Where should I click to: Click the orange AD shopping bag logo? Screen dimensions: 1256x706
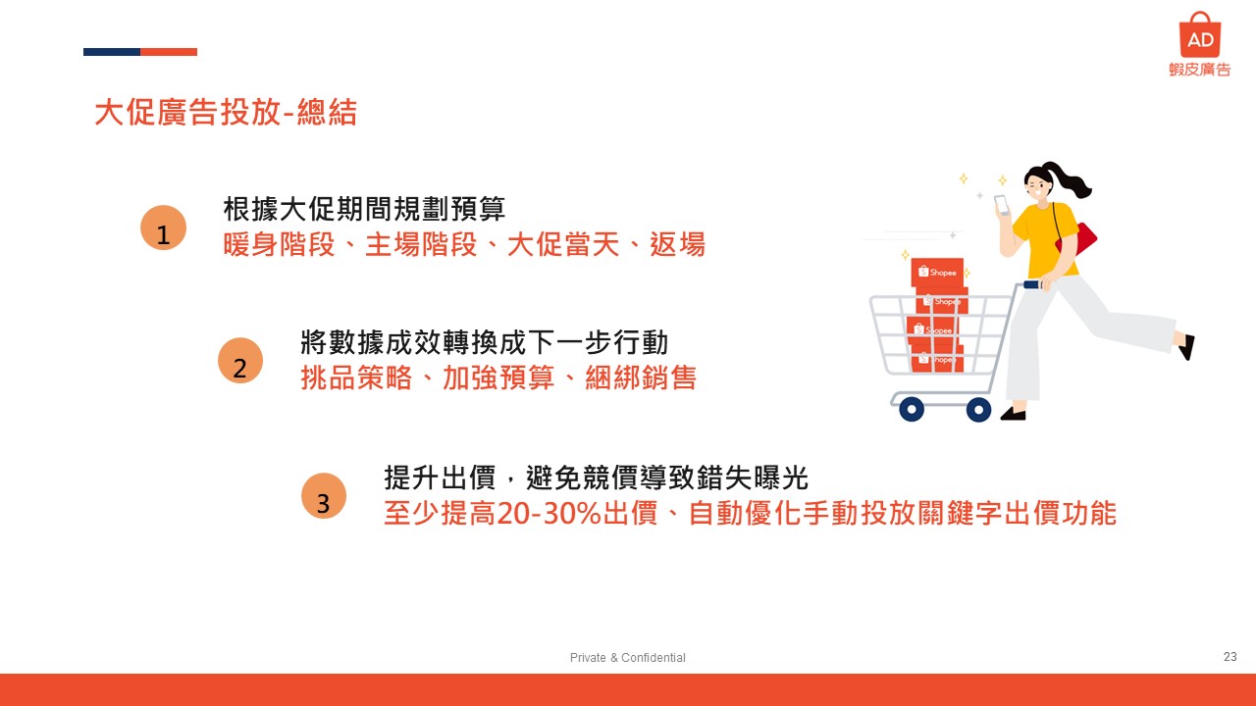click(x=1200, y=34)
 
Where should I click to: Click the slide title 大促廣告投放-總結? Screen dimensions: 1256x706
click(x=226, y=112)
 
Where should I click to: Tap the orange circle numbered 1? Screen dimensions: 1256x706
click(x=163, y=227)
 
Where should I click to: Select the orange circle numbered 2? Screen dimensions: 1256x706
click(x=240, y=360)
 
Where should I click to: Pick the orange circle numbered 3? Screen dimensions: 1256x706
click(x=324, y=496)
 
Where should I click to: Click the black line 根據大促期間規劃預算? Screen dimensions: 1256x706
click(x=364, y=209)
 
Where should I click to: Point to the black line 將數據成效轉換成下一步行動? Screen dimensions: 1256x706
click(x=485, y=342)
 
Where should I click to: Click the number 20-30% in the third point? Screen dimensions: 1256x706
click(x=549, y=513)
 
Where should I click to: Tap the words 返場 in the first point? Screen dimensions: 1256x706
click(x=677, y=245)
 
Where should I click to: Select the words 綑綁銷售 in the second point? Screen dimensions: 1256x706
click(x=641, y=378)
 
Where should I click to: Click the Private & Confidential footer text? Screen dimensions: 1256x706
click(x=627, y=657)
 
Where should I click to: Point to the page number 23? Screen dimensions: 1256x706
click(x=1230, y=657)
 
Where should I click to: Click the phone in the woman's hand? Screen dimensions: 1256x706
click(x=1002, y=205)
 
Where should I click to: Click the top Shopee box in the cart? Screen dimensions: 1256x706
click(x=937, y=273)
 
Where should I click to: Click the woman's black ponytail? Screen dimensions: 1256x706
click(x=1066, y=179)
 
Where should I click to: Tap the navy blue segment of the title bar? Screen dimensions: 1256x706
click(x=112, y=52)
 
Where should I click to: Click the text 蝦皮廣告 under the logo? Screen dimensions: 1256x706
click(x=1200, y=70)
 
